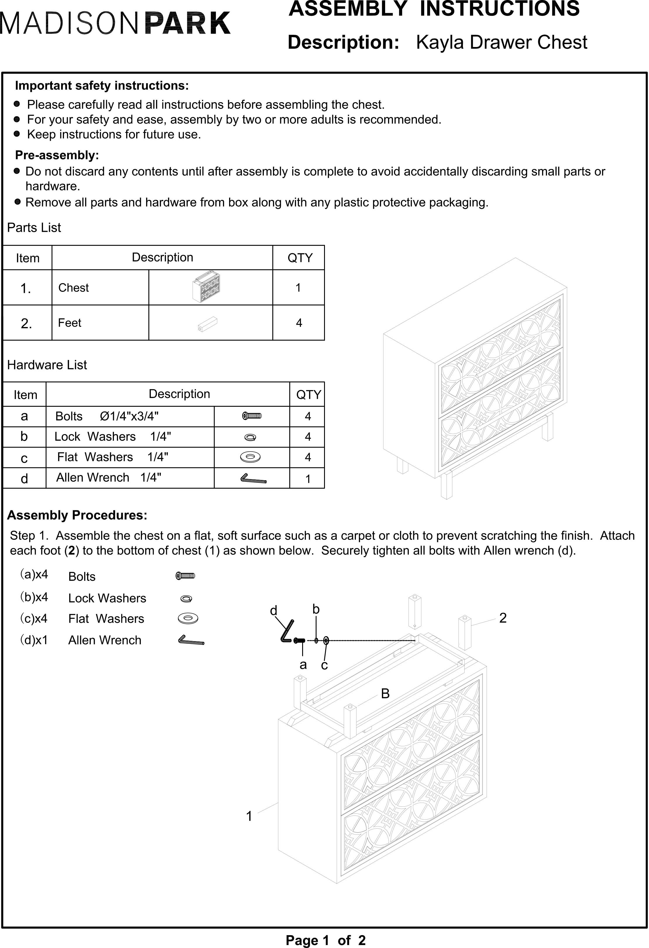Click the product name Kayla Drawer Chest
[501, 42]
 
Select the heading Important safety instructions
[102, 86]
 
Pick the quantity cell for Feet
[299, 323]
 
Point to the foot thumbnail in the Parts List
[208, 324]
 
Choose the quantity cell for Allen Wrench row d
[308, 479]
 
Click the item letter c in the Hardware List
[24, 458]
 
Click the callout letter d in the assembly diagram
[274, 611]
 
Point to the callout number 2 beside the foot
[503, 618]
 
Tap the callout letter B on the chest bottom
[385, 693]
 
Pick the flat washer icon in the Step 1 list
[188, 618]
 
